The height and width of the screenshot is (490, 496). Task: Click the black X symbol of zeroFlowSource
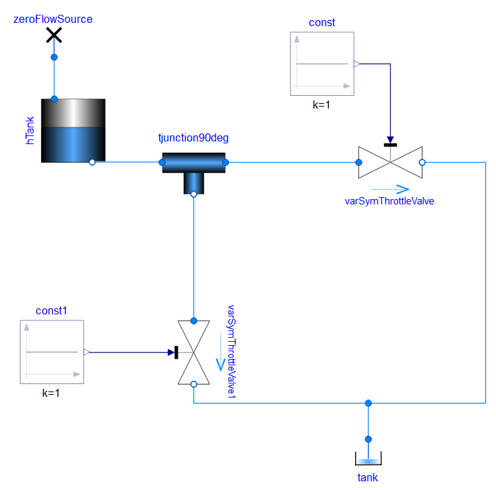pos(54,36)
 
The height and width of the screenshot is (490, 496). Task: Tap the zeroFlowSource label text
pos(53,19)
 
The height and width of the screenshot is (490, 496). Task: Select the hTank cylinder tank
pos(73,131)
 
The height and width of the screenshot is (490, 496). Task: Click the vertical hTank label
pos(30,131)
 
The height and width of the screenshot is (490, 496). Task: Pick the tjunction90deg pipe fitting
pos(194,167)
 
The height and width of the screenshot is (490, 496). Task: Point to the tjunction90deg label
pos(194,139)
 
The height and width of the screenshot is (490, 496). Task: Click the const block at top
pos(321,64)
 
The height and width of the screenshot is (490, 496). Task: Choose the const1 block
pos(52,352)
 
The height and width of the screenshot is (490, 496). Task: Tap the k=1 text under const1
pos(51,393)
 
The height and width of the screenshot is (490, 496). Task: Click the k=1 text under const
pos(321,106)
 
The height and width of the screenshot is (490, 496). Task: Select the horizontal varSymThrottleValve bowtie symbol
pos(390,162)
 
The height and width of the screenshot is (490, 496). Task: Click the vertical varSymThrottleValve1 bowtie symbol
pos(193,352)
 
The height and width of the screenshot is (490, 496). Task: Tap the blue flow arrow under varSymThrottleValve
pos(389,189)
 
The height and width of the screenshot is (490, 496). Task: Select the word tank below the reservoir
pos(368,477)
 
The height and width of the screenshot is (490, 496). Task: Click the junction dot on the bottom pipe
pos(368,403)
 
